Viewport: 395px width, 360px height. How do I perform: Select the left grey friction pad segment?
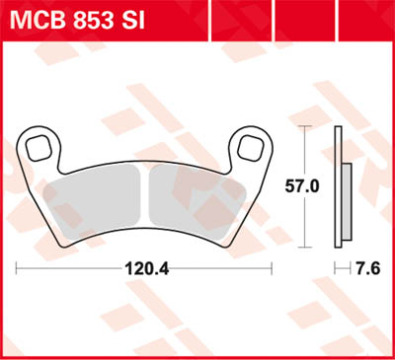tap(100, 196)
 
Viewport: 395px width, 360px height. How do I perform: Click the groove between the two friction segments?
tap(144, 197)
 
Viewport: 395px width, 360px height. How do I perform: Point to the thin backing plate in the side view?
tap(339, 182)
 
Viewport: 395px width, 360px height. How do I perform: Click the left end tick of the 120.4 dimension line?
tap(18, 267)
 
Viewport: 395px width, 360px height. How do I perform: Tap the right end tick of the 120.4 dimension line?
tap(272, 267)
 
